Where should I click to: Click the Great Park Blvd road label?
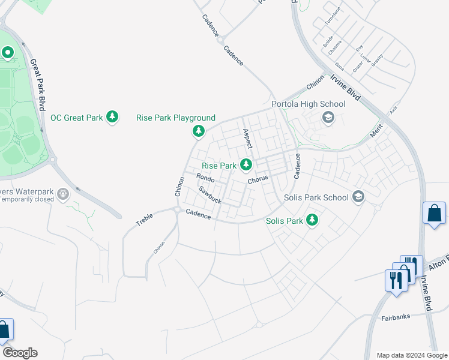38,83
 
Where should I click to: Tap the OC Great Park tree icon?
112,117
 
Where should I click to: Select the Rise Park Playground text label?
176,118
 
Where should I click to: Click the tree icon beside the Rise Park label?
246,164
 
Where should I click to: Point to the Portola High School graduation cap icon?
328,118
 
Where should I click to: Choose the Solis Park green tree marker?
312,221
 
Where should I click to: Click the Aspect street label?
247,139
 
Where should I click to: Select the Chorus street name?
258,179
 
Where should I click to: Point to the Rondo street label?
205,178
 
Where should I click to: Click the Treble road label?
144,220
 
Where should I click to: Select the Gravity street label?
377,60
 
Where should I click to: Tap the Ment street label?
376,131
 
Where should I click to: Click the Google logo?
20,353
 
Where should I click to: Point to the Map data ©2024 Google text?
411,355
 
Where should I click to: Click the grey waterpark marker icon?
65,194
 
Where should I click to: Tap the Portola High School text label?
309,104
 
